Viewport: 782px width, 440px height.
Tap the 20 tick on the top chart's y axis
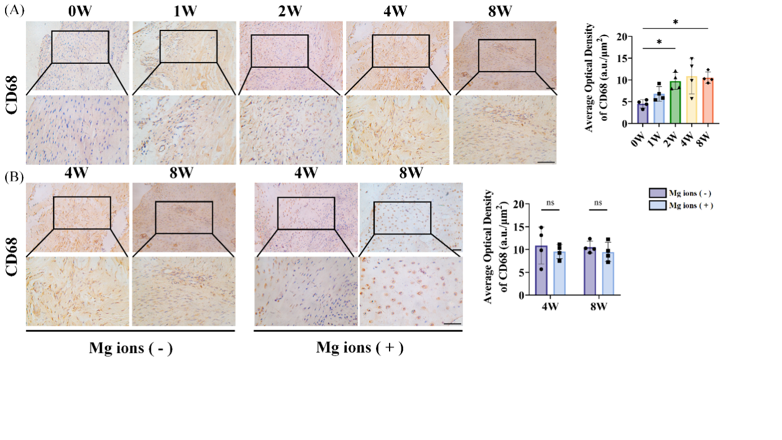coord(608,37)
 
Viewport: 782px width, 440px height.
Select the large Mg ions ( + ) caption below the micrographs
coord(359,347)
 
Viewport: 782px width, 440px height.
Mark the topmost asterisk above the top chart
coord(675,22)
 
